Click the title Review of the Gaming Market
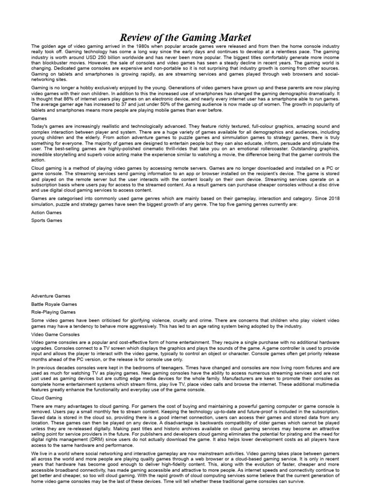185,37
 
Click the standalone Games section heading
39,117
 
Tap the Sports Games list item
47,220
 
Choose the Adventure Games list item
51,296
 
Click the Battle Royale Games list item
54,304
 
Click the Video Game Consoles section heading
56,334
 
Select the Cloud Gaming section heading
47,398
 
